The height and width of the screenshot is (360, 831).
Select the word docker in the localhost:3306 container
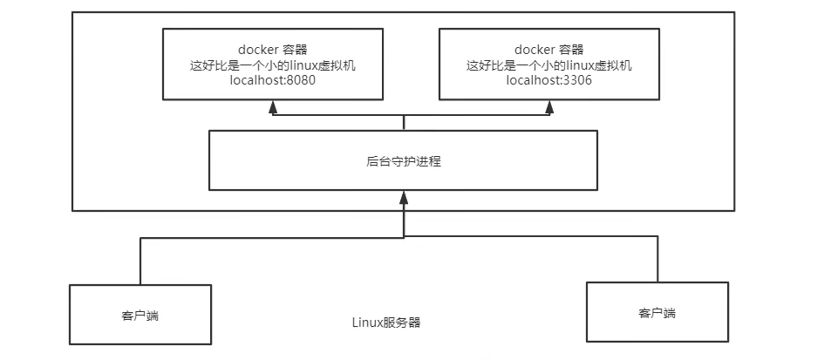click(531, 49)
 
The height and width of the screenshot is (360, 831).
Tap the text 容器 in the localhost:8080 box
click(295, 49)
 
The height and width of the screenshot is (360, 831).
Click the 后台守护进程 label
click(404, 161)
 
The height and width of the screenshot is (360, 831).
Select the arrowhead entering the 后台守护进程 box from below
click(404, 198)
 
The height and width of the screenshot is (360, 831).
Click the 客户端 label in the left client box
click(141, 315)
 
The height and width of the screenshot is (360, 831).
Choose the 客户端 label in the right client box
click(657, 313)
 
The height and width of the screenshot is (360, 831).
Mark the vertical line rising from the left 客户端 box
click(140, 260)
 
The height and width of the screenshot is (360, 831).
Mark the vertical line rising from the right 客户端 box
click(657, 259)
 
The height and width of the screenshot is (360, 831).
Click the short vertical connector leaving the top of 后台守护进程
click(404, 123)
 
